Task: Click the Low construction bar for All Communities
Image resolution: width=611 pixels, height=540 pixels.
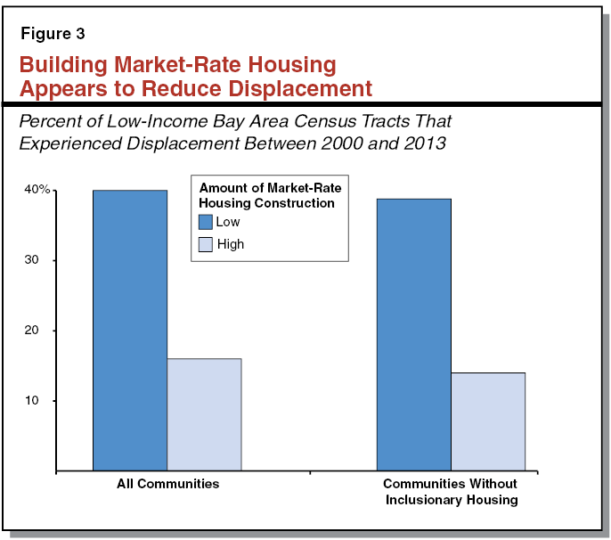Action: [130, 330]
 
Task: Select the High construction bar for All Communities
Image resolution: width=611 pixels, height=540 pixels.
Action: [204, 414]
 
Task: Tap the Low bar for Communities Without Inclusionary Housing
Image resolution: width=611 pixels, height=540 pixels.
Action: [413, 334]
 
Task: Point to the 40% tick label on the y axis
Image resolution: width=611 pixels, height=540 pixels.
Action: [37, 191]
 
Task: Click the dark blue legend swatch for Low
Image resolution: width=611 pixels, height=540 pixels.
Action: [205, 223]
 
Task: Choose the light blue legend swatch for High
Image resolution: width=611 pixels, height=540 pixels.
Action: [205, 244]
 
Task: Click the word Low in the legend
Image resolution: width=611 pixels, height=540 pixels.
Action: [228, 223]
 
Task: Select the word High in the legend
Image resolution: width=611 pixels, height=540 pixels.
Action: [230, 244]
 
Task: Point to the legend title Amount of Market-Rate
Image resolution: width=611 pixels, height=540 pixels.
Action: [270, 188]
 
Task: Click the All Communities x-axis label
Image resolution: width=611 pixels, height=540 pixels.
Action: [167, 484]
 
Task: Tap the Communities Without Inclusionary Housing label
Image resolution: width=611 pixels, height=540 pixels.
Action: [450, 492]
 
